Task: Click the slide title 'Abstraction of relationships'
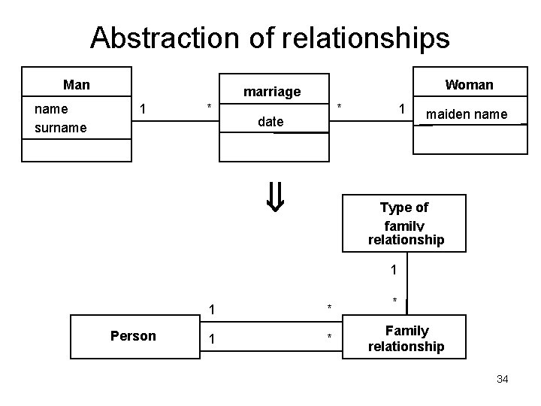coord(270,37)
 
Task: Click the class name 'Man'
coord(77,84)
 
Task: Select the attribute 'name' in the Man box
coord(52,109)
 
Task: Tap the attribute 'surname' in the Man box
coord(60,128)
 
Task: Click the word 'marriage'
coord(272,92)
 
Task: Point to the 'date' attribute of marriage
coord(270,121)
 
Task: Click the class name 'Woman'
coord(469,84)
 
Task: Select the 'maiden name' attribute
coord(467,114)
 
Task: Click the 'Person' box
coord(133,335)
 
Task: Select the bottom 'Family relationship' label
coord(407,338)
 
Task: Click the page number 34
coord(503,378)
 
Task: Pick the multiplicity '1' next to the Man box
coord(143,108)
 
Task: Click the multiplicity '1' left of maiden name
coord(403,109)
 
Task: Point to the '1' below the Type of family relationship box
coord(393,270)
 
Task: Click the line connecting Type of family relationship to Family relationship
coord(407,289)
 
